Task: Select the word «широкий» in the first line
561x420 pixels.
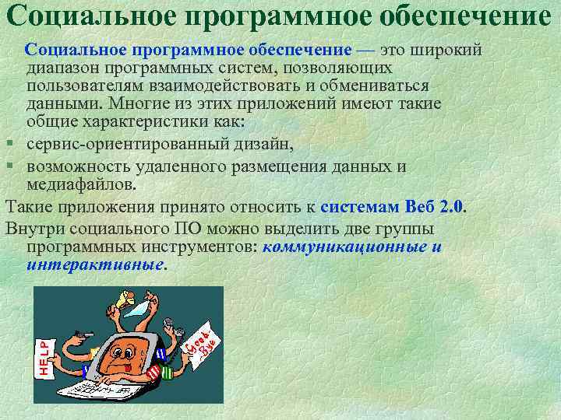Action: coord(450,50)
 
